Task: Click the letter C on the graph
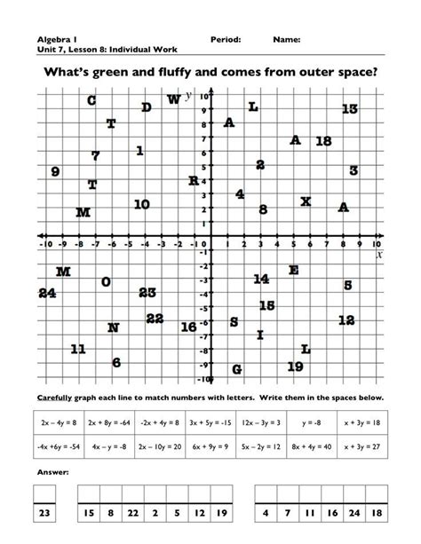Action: (x=91, y=100)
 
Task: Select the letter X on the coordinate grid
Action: (x=306, y=201)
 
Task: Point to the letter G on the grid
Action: (x=236, y=369)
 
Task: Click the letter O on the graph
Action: (x=107, y=282)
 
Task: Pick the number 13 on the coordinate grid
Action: (x=349, y=108)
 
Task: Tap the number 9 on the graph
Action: (x=55, y=172)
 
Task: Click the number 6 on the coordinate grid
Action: (x=116, y=362)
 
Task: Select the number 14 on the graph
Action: (x=261, y=279)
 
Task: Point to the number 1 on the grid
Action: (x=140, y=151)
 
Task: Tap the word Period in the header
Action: (x=226, y=40)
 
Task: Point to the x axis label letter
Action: (x=379, y=254)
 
